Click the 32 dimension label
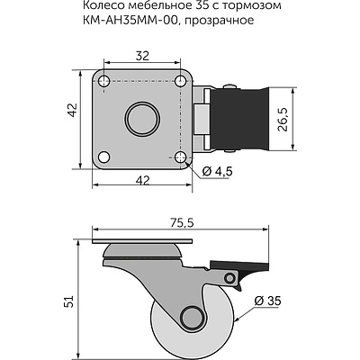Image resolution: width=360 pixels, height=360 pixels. coord(142,56)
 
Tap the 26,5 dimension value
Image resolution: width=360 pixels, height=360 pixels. coord(283,119)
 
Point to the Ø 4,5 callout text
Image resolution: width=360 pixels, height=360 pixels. coord(217,171)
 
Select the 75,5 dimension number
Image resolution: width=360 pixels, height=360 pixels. coord(183,223)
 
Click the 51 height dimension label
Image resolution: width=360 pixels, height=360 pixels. coord(69,301)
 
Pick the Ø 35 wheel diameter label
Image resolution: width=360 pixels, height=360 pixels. coord(267,301)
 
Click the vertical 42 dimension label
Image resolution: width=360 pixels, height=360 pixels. coord(73,110)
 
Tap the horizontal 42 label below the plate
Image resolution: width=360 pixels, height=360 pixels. coord(142,181)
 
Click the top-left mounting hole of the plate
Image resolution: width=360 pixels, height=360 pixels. coord(103,81)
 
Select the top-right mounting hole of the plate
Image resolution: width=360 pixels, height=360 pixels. coord(180,80)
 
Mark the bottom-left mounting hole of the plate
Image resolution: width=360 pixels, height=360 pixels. coord(103,157)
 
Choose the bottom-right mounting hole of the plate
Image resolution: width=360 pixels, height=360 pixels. coord(180,157)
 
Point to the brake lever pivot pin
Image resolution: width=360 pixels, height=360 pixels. coord(230,278)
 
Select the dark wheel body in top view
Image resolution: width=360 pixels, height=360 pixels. coord(238,119)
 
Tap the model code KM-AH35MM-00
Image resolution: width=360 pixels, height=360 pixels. coord(132,20)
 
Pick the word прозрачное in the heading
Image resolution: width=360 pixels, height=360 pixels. coord(220,21)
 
